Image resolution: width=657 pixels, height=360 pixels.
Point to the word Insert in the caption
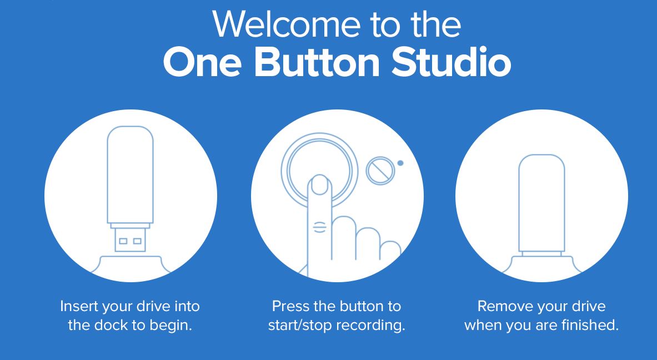point(79,306)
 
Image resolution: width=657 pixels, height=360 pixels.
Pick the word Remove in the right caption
point(499,306)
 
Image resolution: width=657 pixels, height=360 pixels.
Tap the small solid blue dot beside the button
point(400,163)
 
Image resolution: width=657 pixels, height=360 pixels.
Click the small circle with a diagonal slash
point(380,171)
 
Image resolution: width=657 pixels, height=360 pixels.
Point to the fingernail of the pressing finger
point(319,186)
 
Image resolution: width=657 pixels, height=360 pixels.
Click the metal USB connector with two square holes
point(130,240)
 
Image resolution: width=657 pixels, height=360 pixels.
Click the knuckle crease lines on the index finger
point(320,227)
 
